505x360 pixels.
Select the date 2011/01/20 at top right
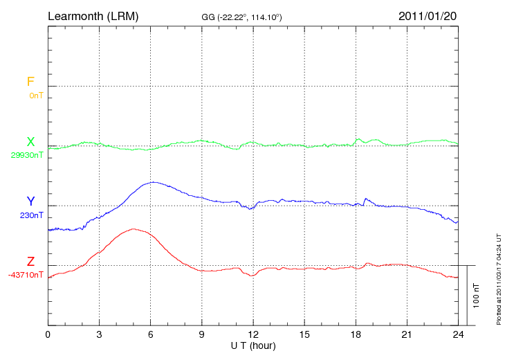click(x=428, y=15)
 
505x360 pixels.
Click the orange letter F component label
click(x=30, y=82)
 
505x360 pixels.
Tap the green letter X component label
click(x=30, y=143)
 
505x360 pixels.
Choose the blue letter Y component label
click(x=30, y=201)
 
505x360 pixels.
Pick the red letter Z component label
click(x=30, y=262)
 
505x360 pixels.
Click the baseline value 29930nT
click(x=27, y=155)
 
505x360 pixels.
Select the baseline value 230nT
click(x=32, y=215)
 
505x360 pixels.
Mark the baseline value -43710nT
click(x=26, y=275)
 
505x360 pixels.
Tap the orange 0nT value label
click(x=36, y=95)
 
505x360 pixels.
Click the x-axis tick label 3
click(x=99, y=334)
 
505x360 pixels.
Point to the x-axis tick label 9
click(x=202, y=334)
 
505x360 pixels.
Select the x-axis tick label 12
click(x=253, y=334)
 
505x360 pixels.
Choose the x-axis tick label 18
click(x=356, y=334)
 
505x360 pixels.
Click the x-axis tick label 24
click(x=458, y=334)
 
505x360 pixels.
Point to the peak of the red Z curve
click(x=132, y=228)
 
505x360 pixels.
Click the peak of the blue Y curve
click(x=153, y=182)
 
